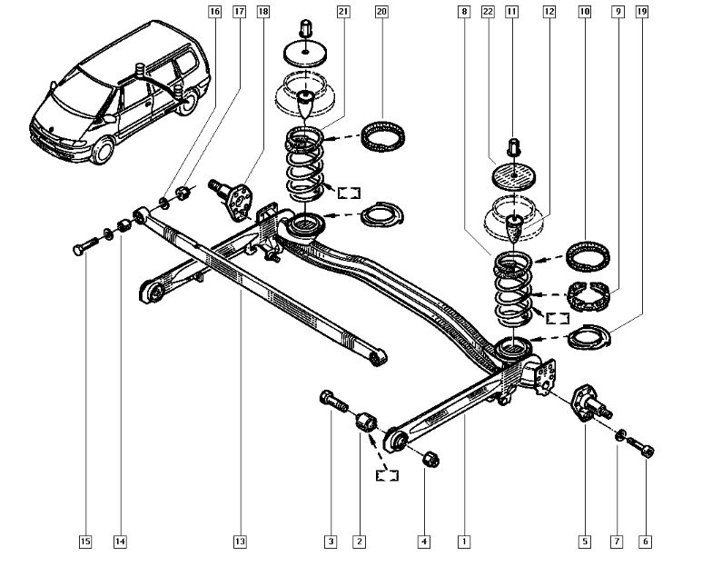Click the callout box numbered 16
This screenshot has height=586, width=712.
click(214, 12)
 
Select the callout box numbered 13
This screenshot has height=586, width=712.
click(239, 542)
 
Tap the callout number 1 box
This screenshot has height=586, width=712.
click(464, 542)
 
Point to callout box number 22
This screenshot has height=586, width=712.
click(488, 12)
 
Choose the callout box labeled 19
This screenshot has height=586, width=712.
click(642, 12)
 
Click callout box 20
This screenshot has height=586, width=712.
click(381, 12)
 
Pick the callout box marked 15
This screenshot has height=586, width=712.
click(84, 542)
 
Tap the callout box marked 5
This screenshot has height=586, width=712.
click(584, 542)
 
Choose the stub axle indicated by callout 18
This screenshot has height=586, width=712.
click(238, 195)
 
